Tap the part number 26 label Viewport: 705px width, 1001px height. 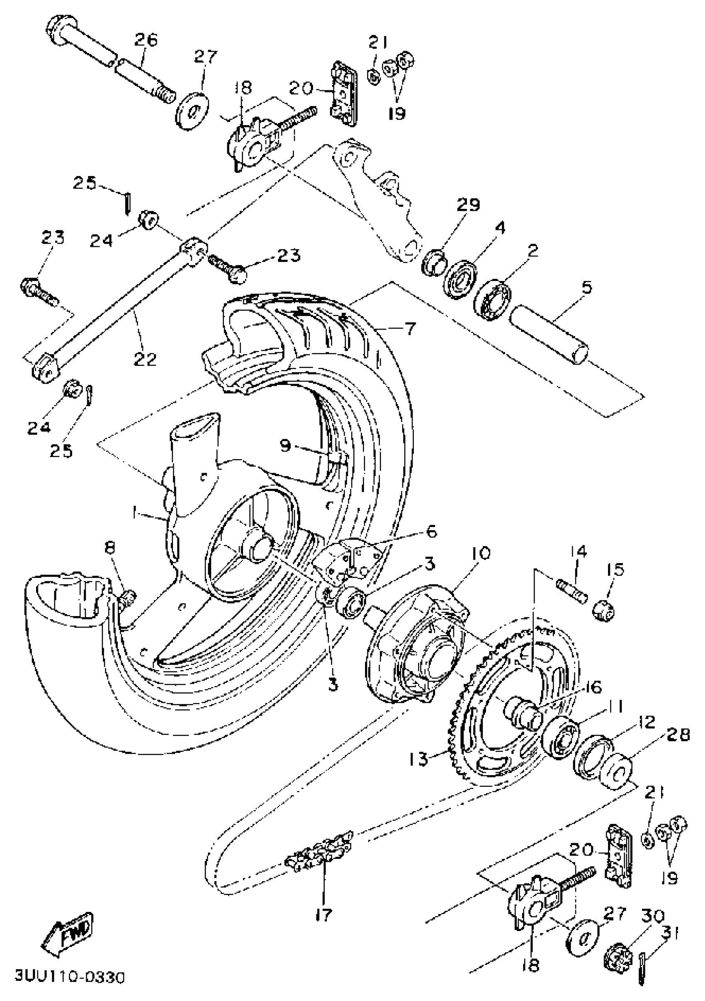click(x=145, y=41)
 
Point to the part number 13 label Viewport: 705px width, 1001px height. click(x=419, y=760)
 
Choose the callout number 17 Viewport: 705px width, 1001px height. click(x=324, y=913)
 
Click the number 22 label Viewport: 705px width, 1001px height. click(x=145, y=359)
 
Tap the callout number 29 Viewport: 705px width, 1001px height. click(x=469, y=205)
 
